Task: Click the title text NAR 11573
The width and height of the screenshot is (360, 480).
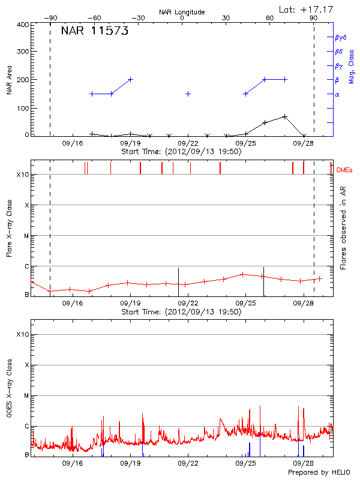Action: [x=94, y=32]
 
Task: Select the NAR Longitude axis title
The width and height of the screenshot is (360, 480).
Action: [x=182, y=12]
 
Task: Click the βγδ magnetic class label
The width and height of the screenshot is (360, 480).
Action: [x=340, y=37]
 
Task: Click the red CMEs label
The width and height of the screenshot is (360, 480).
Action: [x=344, y=170]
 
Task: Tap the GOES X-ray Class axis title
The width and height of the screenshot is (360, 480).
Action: [x=8, y=390]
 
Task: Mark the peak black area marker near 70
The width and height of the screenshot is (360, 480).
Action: [x=284, y=116]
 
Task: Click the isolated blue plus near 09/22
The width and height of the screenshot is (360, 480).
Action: [x=188, y=94]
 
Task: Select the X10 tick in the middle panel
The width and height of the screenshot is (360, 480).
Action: [x=22, y=175]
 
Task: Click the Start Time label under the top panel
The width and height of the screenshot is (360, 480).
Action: [x=181, y=152]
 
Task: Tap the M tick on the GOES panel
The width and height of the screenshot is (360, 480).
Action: [x=26, y=395]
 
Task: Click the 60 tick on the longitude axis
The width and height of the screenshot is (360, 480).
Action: [x=269, y=18]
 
